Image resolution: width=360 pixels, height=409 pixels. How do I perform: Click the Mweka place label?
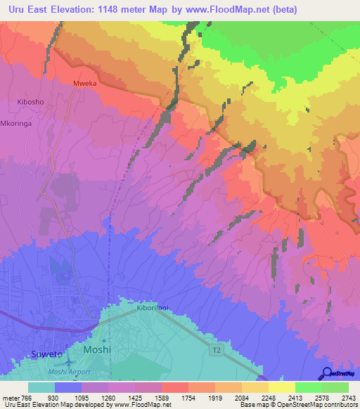coord(84,83)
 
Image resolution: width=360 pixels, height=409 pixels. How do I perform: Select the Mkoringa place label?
coord(18,120)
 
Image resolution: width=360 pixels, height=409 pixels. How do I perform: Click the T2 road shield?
coord(218,349)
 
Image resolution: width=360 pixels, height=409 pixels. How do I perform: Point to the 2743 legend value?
coord(348,398)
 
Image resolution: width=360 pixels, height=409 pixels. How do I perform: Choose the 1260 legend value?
coord(108,398)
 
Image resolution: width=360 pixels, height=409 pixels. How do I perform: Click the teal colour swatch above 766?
coord(41,387)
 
